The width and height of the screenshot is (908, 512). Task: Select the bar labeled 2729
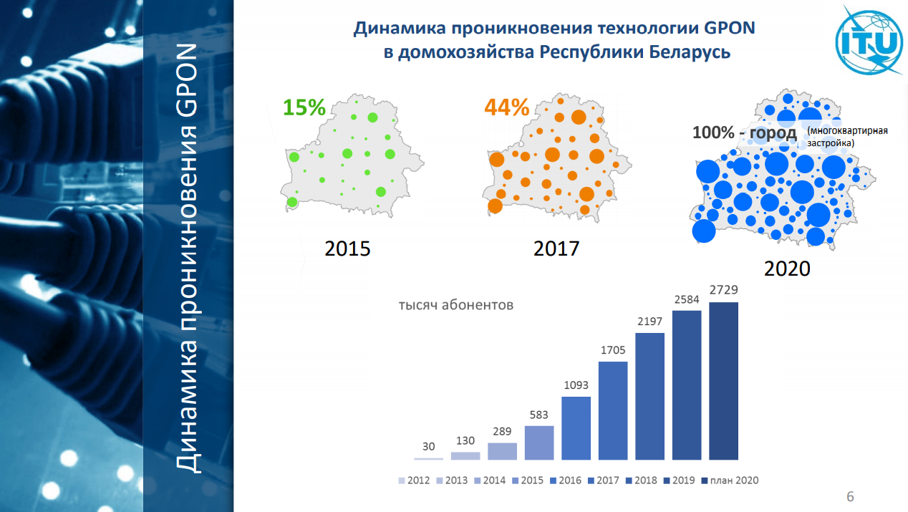tap(724, 381)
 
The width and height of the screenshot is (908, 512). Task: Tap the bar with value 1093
tap(576, 428)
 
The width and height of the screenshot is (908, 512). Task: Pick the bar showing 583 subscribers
tap(539, 443)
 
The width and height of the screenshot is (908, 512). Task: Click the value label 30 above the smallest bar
tap(428, 447)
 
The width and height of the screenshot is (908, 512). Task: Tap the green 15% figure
tap(304, 107)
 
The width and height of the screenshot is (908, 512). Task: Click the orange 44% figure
tap(507, 107)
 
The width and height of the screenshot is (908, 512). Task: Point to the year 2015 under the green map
tap(347, 248)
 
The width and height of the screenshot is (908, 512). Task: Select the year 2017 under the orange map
tap(556, 248)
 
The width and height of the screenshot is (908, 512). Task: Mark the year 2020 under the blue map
tap(787, 269)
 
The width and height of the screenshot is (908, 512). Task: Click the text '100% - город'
tap(744, 133)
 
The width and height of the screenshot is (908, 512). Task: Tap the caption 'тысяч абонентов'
tap(456, 305)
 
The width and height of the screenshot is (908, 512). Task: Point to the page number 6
tap(850, 497)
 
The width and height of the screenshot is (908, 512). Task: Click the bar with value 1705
tap(613, 410)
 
